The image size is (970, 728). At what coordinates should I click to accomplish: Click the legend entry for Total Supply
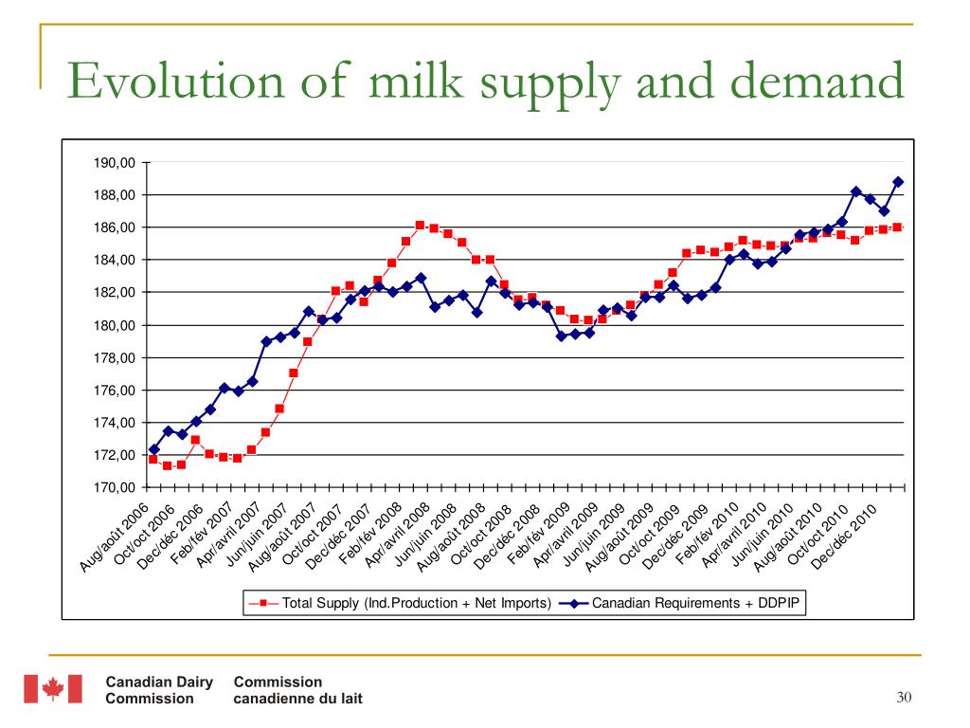click(x=398, y=602)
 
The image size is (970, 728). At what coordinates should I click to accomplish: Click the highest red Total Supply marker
click(x=420, y=225)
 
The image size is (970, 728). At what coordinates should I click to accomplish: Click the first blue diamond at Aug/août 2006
click(x=153, y=449)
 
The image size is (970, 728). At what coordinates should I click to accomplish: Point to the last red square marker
click(x=897, y=227)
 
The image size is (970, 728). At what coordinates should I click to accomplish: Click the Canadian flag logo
click(x=52, y=689)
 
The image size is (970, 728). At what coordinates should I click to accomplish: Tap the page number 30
click(x=903, y=699)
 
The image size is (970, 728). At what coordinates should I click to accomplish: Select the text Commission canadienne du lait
click(x=296, y=690)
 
